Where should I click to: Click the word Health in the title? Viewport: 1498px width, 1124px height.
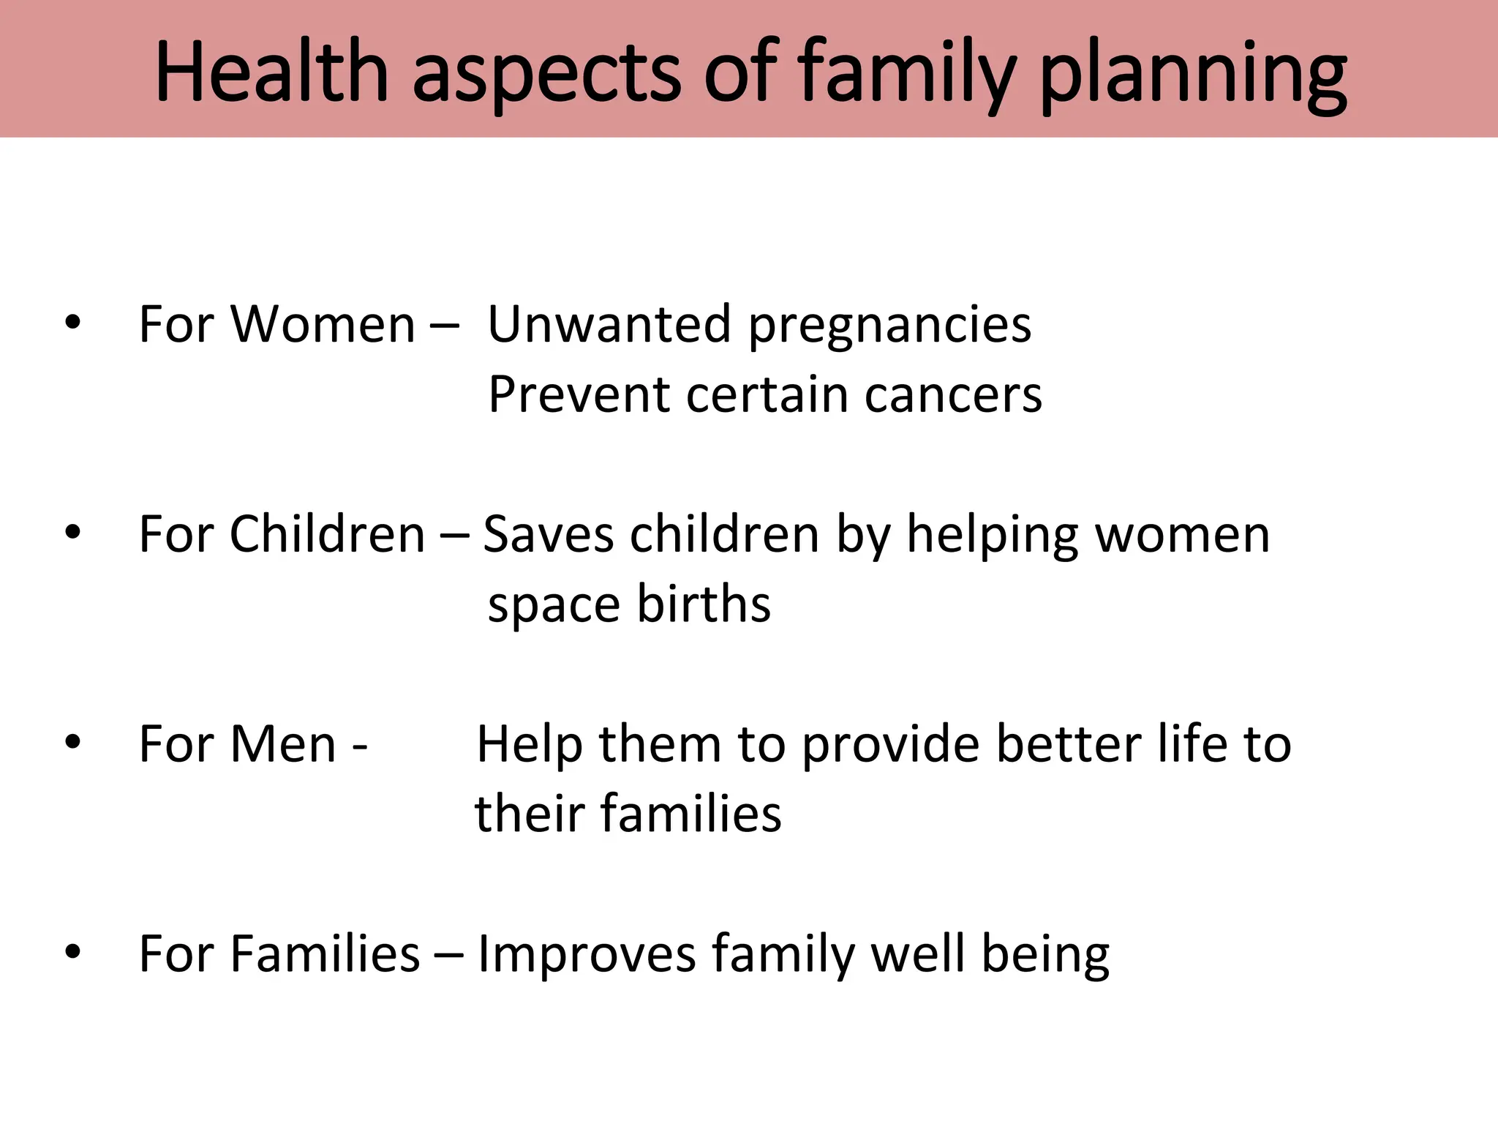[271, 72]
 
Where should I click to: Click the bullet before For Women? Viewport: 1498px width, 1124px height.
[72, 323]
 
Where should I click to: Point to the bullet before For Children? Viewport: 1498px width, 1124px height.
[72, 533]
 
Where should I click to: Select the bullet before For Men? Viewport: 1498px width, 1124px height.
[72, 743]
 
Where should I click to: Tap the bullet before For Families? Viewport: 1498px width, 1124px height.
[72, 953]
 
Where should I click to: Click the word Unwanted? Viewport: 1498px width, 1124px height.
[609, 324]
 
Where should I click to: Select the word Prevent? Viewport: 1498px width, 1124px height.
[579, 395]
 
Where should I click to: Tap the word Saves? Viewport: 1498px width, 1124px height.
[548, 534]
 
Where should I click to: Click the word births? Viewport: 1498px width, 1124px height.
[703, 604]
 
